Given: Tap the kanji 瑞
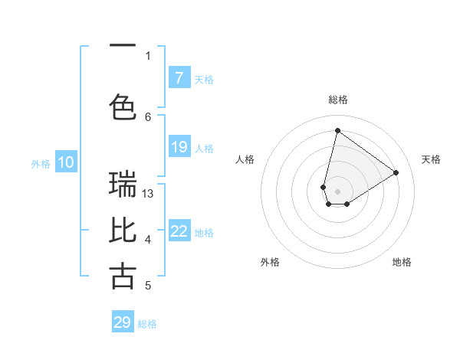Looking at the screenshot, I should click(123, 185).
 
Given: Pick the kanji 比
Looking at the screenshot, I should click(123, 231).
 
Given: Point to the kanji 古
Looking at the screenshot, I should click(123, 277).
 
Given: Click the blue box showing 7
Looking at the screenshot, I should click(179, 78).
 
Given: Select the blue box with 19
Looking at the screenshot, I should click(179, 147).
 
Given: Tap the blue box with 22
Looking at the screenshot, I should click(179, 231).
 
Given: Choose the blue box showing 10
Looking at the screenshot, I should click(66, 162).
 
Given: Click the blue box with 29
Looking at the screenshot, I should click(123, 322).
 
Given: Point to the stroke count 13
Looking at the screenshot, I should click(148, 194).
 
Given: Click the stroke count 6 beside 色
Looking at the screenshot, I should click(148, 116).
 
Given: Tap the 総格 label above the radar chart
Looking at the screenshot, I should click(338, 100).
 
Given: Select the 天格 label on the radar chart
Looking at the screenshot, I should click(431, 159).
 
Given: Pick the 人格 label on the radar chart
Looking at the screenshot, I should click(245, 159).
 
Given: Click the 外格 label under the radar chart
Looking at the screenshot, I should click(270, 262).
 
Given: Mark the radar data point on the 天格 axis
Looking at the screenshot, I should click(396, 172).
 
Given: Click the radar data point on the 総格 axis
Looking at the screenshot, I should click(337, 130).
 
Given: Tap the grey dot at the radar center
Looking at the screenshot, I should click(337, 191).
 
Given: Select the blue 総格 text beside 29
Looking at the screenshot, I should click(147, 324).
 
